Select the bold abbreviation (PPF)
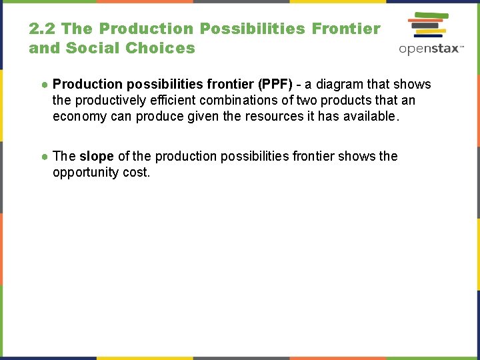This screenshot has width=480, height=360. click(x=275, y=85)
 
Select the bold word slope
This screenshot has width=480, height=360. click(x=97, y=157)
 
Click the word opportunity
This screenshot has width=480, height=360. click(x=84, y=172)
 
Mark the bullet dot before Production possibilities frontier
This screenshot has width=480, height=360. click(x=44, y=85)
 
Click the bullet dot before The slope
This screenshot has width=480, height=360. click(x=44, y=157)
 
